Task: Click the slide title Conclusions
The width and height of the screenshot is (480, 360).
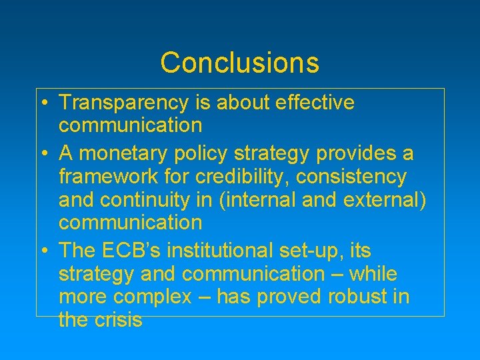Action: click(239, 63)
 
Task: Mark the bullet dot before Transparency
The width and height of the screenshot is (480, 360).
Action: click(42, 104)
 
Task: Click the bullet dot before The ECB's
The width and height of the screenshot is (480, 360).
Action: click(42, 252)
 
